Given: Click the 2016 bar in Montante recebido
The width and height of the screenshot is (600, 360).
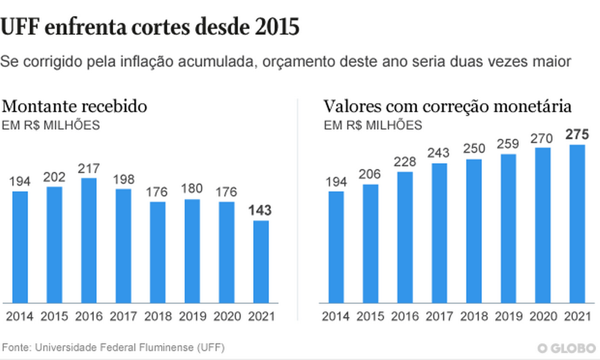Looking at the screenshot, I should pyautogui.click(x=89, y=241).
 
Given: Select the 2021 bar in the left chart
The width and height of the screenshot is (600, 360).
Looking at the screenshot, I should pyautogui.click(x=261, y=262).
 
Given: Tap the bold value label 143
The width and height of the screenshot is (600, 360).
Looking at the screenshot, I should pyautogui.click(x=261, y=210).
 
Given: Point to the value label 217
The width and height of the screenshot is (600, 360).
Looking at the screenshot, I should pyautogui.click(x=89, y=167).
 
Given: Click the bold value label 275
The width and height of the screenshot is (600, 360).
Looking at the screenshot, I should pyautogui.click(x=577, y=134).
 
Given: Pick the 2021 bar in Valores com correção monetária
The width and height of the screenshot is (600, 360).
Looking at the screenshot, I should pyautogui.click(x=577, y=224).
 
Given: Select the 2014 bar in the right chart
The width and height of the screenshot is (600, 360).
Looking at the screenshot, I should pyautogui.click(x=336, y=247).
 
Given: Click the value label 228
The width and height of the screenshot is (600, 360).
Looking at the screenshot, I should pyautogui.click(x=405, y=161).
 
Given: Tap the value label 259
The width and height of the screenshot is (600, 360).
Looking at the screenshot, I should pyautogui.click(x=508, y=144).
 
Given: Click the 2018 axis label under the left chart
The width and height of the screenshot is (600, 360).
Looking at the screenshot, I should pyautogui.click(x=158, y=317).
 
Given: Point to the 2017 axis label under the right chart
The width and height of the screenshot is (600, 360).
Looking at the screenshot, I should pyautogui.click(x=439, y=317).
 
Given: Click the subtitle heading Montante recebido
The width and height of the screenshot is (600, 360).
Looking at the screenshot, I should pyautogui.click(x=75, y=106).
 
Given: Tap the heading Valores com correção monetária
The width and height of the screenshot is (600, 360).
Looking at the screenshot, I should pyautogui.click(x=448, y=106).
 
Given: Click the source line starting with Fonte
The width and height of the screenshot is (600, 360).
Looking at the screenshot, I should pyautogui.click(x=113, y=348).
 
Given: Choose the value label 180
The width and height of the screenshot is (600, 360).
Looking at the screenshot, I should pyautogui.click(x=192, y=189).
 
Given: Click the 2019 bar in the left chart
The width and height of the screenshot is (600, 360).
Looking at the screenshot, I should pyautogui.click(x=192, y=251).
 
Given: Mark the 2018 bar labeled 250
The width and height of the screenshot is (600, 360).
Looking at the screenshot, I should pyautogui.click(x=473, y=231).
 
